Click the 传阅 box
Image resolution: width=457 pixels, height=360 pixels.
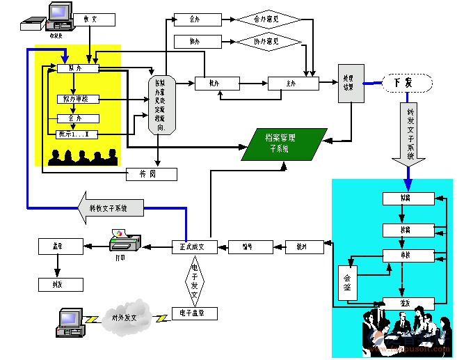(x=151, y=174)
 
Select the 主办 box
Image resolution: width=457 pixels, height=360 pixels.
(x=293, y=84)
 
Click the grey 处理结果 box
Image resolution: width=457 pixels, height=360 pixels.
(x=350, y=84)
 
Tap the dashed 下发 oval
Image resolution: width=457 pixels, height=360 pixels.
(x=407, y=83)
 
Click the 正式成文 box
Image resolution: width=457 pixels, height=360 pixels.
(x=195, y=246)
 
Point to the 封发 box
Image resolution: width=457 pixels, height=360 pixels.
(x=61, y=285)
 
